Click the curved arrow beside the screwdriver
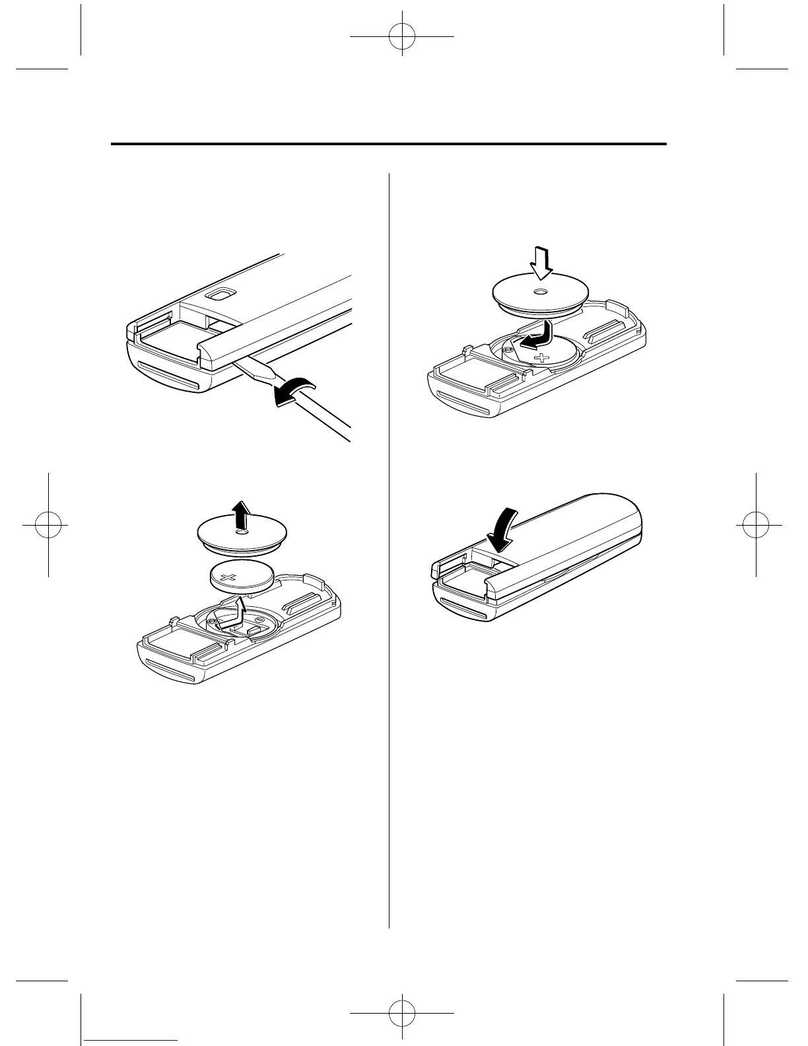(x=295, y=390)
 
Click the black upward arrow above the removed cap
(x=244, y=513)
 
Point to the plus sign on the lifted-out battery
(x=229, y=578)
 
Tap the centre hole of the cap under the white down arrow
(x=539, y=292)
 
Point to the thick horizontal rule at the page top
(x=389, y=144)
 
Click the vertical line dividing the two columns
(x=389, y=548)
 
